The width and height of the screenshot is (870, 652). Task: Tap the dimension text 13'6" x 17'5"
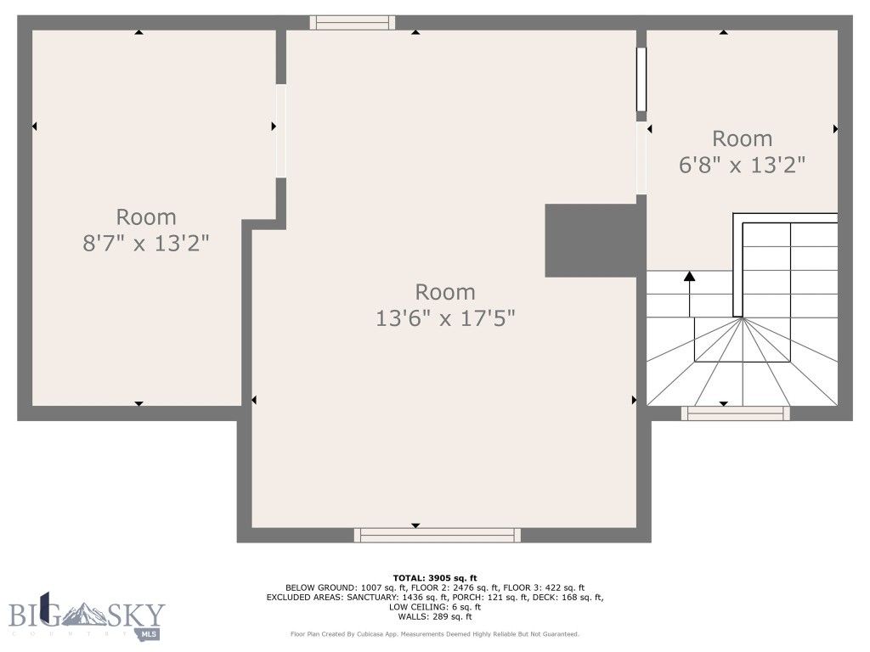(x=445, y=318)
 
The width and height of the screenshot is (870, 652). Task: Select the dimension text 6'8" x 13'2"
(x=742, y=165)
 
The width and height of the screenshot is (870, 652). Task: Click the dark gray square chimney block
(x=590, y=240)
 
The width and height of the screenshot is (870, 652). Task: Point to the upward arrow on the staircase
(x=689, y=277)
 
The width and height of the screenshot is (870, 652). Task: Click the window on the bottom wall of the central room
(x=438, y=534)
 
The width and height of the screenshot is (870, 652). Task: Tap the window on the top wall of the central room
(x=352, y=22)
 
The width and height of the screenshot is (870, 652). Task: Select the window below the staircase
(x=736, y=413)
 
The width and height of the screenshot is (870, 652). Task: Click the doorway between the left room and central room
(x=281, y=131)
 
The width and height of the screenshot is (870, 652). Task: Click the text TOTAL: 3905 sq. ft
(x=434, y=578)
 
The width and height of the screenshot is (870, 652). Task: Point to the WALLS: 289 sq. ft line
(x=434, y=616)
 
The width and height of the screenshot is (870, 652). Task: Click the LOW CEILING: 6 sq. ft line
(x=434, y=607)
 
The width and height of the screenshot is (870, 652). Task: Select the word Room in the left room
(x=146, y=216)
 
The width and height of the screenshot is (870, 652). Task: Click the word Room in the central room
(x=445, y=292)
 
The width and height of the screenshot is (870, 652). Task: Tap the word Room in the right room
(x=742, y=138)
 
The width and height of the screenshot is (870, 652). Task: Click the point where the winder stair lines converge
(x=743, y=318)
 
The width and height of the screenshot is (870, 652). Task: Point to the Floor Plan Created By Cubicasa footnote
(x=434, y=633)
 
